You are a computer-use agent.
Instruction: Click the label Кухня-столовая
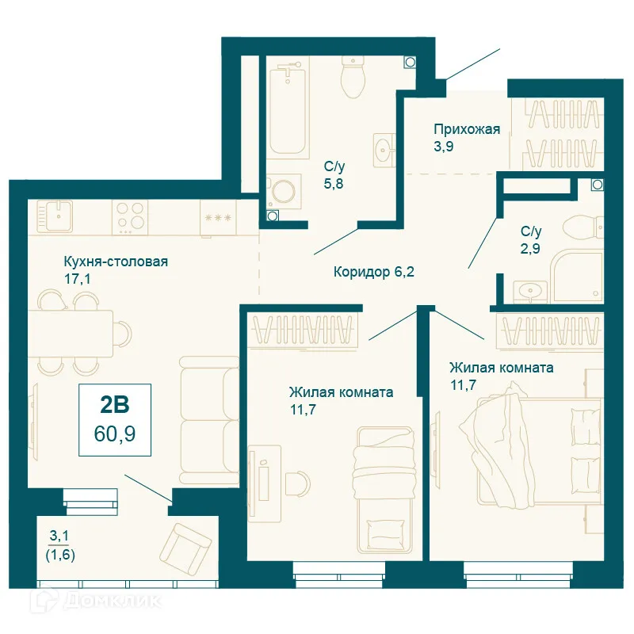pos(116,262)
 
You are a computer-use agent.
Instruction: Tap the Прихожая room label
pos(467,129)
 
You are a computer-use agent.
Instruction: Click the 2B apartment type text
pos(114,405)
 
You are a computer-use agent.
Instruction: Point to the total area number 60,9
pos(114,434)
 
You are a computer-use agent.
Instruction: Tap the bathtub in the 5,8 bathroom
pos(288,112)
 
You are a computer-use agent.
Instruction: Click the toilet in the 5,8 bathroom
pos(351,78)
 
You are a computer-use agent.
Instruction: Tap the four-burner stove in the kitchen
pos(130,215)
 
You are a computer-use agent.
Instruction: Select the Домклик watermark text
pos(99,602)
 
